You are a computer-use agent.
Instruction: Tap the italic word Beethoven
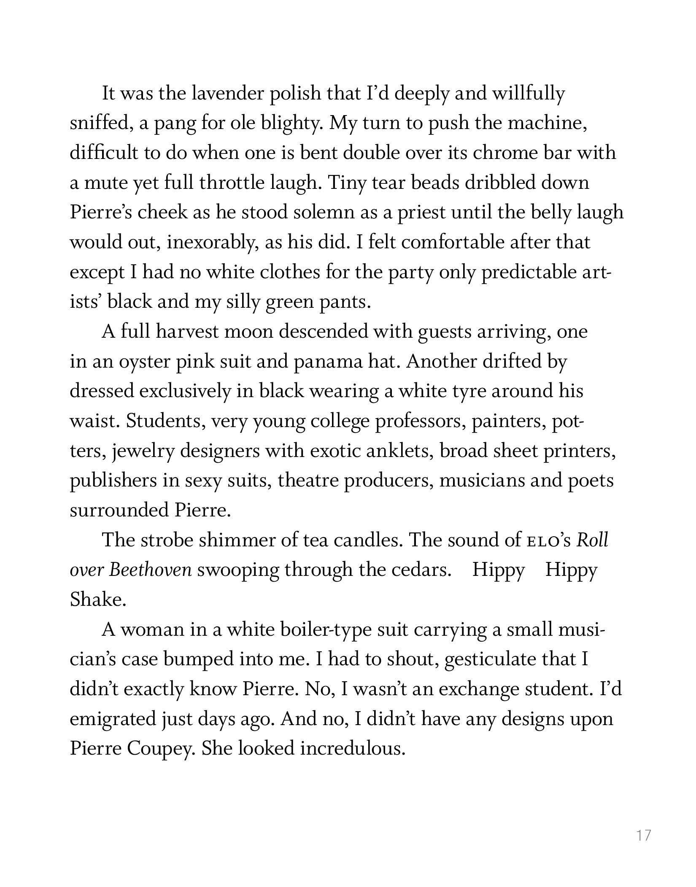(x=151, y=570)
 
